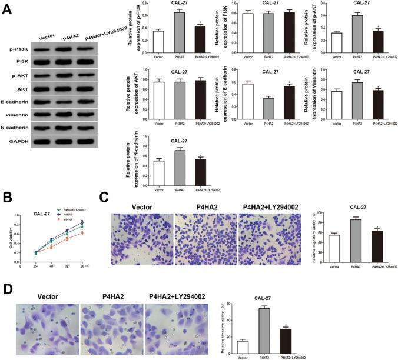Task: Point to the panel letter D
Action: pos(8,291)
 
